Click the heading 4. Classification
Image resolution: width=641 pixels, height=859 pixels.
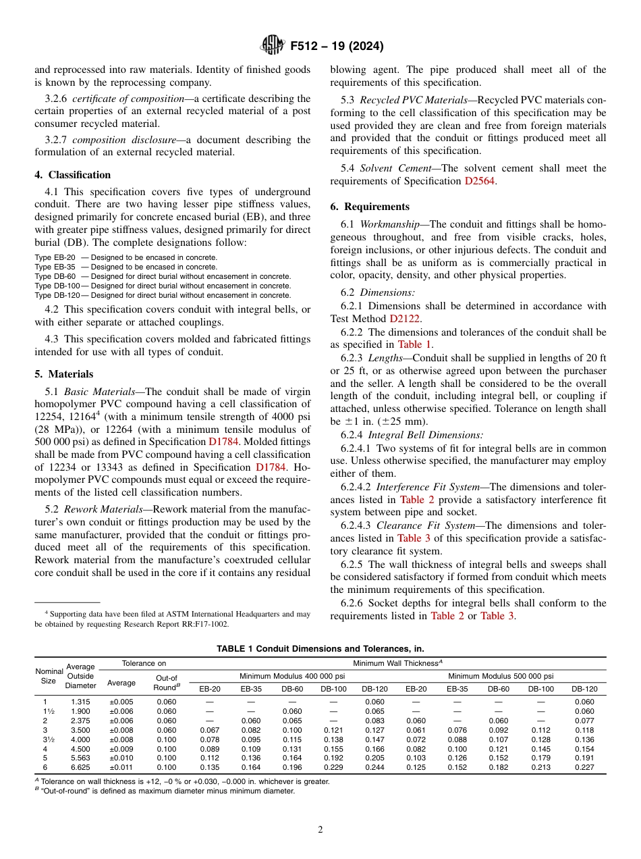coord(73,175)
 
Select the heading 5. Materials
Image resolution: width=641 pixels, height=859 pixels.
coord(64,374)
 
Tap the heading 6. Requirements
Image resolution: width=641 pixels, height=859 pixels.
coord(370,207)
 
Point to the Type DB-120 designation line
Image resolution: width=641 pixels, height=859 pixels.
coord(163,295)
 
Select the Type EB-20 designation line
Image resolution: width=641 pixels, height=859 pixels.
coord(126,257)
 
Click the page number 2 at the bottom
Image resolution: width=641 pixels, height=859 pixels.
coord(320,830)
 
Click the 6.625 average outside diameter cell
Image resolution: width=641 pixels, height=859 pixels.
coord(80,767)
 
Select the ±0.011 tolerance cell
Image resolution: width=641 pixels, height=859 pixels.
coord(121,767)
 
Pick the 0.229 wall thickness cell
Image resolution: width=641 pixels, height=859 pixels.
coord(333,767)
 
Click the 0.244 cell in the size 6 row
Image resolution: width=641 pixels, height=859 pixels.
coord(374,767)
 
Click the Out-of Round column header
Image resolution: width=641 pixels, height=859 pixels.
coord(167,682)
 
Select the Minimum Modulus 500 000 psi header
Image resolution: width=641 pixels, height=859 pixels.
coord(501,676)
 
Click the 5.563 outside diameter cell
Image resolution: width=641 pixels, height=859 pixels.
coord(80,758)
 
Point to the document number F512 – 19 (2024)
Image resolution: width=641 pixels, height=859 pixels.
coord(336,47)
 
